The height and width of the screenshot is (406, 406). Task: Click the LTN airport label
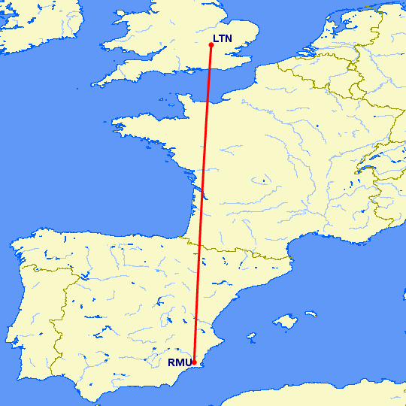[224, 39]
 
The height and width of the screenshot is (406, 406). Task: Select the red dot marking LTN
[211, 45]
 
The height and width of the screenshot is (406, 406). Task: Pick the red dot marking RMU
[195, 362]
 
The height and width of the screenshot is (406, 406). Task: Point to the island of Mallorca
[283, 323]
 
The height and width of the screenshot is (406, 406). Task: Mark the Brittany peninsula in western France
[139, 128]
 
